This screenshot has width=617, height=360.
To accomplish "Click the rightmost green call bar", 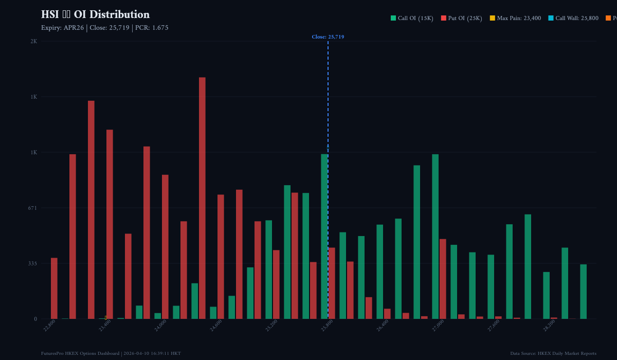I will [583, 292].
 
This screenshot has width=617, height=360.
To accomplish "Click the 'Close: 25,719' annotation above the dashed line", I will [328, 37].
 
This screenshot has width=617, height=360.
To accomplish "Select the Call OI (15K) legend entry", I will [412, 19].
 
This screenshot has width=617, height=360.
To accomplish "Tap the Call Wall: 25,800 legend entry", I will [573, 19].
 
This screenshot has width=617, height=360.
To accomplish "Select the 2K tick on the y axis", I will [33, 41].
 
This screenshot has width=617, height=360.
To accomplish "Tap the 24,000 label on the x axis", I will [161, 325].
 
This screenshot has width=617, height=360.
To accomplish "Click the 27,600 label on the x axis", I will [494, 325].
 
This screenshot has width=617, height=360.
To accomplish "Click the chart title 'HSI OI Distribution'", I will [95, 14].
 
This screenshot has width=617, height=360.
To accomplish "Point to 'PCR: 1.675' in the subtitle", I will [152, 28].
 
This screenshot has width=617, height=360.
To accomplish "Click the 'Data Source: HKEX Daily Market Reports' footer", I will [553, 353].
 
